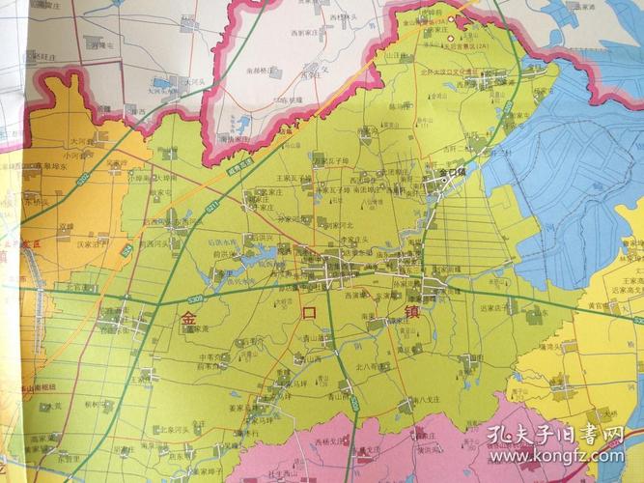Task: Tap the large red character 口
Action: [x=309, y=313]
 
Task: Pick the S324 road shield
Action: [x=126, y=249]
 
